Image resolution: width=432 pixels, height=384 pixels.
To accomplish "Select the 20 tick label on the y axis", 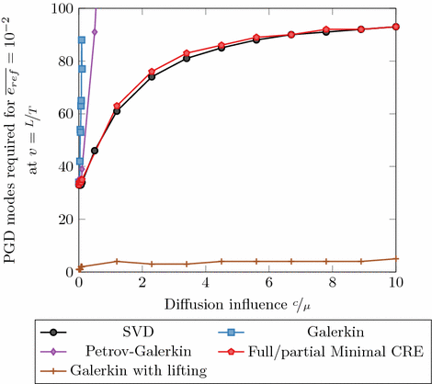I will point(65,220).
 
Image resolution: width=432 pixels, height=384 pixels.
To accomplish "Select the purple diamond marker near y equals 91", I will point(95,32).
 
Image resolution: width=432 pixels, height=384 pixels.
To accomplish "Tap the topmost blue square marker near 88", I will point(82,40).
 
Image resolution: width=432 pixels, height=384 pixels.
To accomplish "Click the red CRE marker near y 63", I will point(116,106).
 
